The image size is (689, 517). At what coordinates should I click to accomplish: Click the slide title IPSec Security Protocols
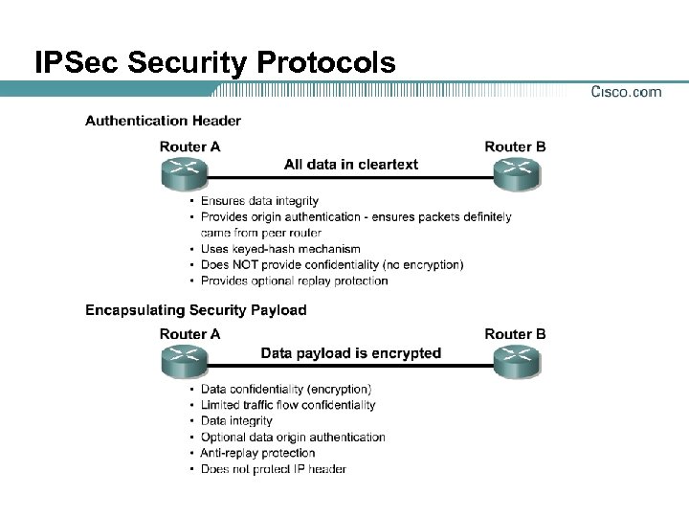[214, 63]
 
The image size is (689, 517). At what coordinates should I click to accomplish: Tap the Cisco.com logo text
[626, 92]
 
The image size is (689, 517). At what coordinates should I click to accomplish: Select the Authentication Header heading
[163, 121]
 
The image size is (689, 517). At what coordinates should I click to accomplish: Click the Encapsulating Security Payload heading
[195, 310]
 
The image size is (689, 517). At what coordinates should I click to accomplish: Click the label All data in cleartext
[351, 165]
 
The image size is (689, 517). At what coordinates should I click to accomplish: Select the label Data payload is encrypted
[351, 353]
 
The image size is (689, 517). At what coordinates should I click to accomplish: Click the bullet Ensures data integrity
[259, 201]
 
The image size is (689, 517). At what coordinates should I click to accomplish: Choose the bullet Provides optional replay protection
[294, 281]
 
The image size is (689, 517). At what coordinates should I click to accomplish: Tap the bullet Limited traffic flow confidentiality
[288, 405]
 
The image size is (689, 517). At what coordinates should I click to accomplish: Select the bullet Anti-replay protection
[257, 453]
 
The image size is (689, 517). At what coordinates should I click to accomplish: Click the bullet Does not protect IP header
[273, 469]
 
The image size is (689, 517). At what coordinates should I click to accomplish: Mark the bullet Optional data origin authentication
[293, 438]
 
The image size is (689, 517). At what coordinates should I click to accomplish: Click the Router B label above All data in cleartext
[516, 146]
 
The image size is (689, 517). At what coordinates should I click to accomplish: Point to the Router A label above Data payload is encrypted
[189, 334]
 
